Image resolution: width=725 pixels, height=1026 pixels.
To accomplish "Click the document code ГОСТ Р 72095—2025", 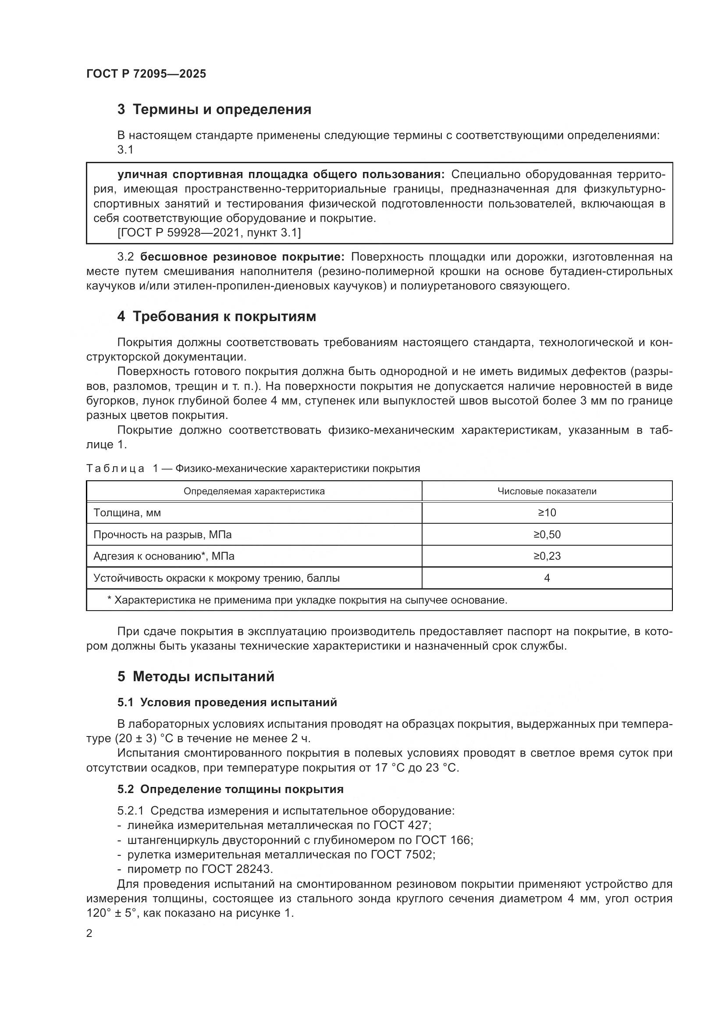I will (x=146, y=74).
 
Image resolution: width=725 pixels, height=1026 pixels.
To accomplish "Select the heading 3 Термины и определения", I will (x=214, y=110).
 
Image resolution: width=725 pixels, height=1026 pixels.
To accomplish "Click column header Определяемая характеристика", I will (x=254, y=492).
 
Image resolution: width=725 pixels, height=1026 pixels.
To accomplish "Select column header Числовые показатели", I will (x=547, y=492).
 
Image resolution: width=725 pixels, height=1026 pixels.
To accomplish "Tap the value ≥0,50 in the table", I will (x=547, y=535).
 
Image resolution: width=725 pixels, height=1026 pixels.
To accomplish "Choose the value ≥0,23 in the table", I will (x=547, y=556).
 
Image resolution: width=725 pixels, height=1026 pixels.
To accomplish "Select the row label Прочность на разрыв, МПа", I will (x=163, y=535).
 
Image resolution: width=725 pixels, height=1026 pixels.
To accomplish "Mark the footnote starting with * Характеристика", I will (x=307, y=600).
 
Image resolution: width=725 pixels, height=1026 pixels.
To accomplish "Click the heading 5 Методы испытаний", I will (x=196, y=677).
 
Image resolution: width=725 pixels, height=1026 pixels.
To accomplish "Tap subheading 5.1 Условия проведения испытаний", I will (x=227, y=702).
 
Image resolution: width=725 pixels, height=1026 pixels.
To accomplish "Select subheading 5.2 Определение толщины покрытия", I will (x=231, y=789).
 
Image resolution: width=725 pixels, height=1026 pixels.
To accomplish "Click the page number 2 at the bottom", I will (x=89, y=933).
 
